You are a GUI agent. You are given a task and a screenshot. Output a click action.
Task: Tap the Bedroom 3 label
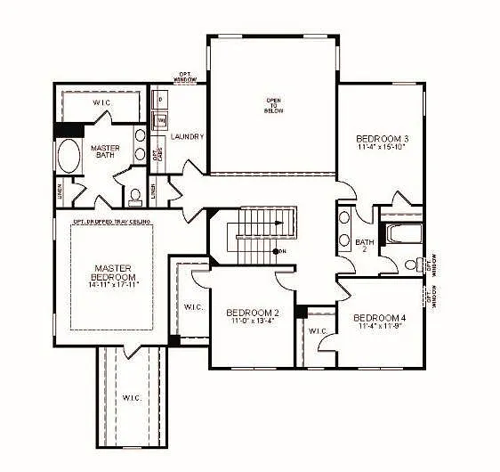pos(383,139)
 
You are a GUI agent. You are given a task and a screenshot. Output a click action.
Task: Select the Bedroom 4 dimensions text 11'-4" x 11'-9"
pos(379,327)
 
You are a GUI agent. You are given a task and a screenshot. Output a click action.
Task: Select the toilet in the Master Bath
pos(135,196)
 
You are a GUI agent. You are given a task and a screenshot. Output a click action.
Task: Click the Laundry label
pos(188,137)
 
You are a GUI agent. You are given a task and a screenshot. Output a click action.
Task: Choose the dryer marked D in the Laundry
pos(160,99)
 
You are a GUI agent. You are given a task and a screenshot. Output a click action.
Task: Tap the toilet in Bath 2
pos(411,264)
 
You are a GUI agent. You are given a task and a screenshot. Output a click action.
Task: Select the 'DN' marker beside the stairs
pos(283,251)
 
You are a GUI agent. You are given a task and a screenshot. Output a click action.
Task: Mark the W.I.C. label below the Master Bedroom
pos(131,397)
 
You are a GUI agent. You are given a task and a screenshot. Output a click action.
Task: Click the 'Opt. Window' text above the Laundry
pos(185,78)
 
